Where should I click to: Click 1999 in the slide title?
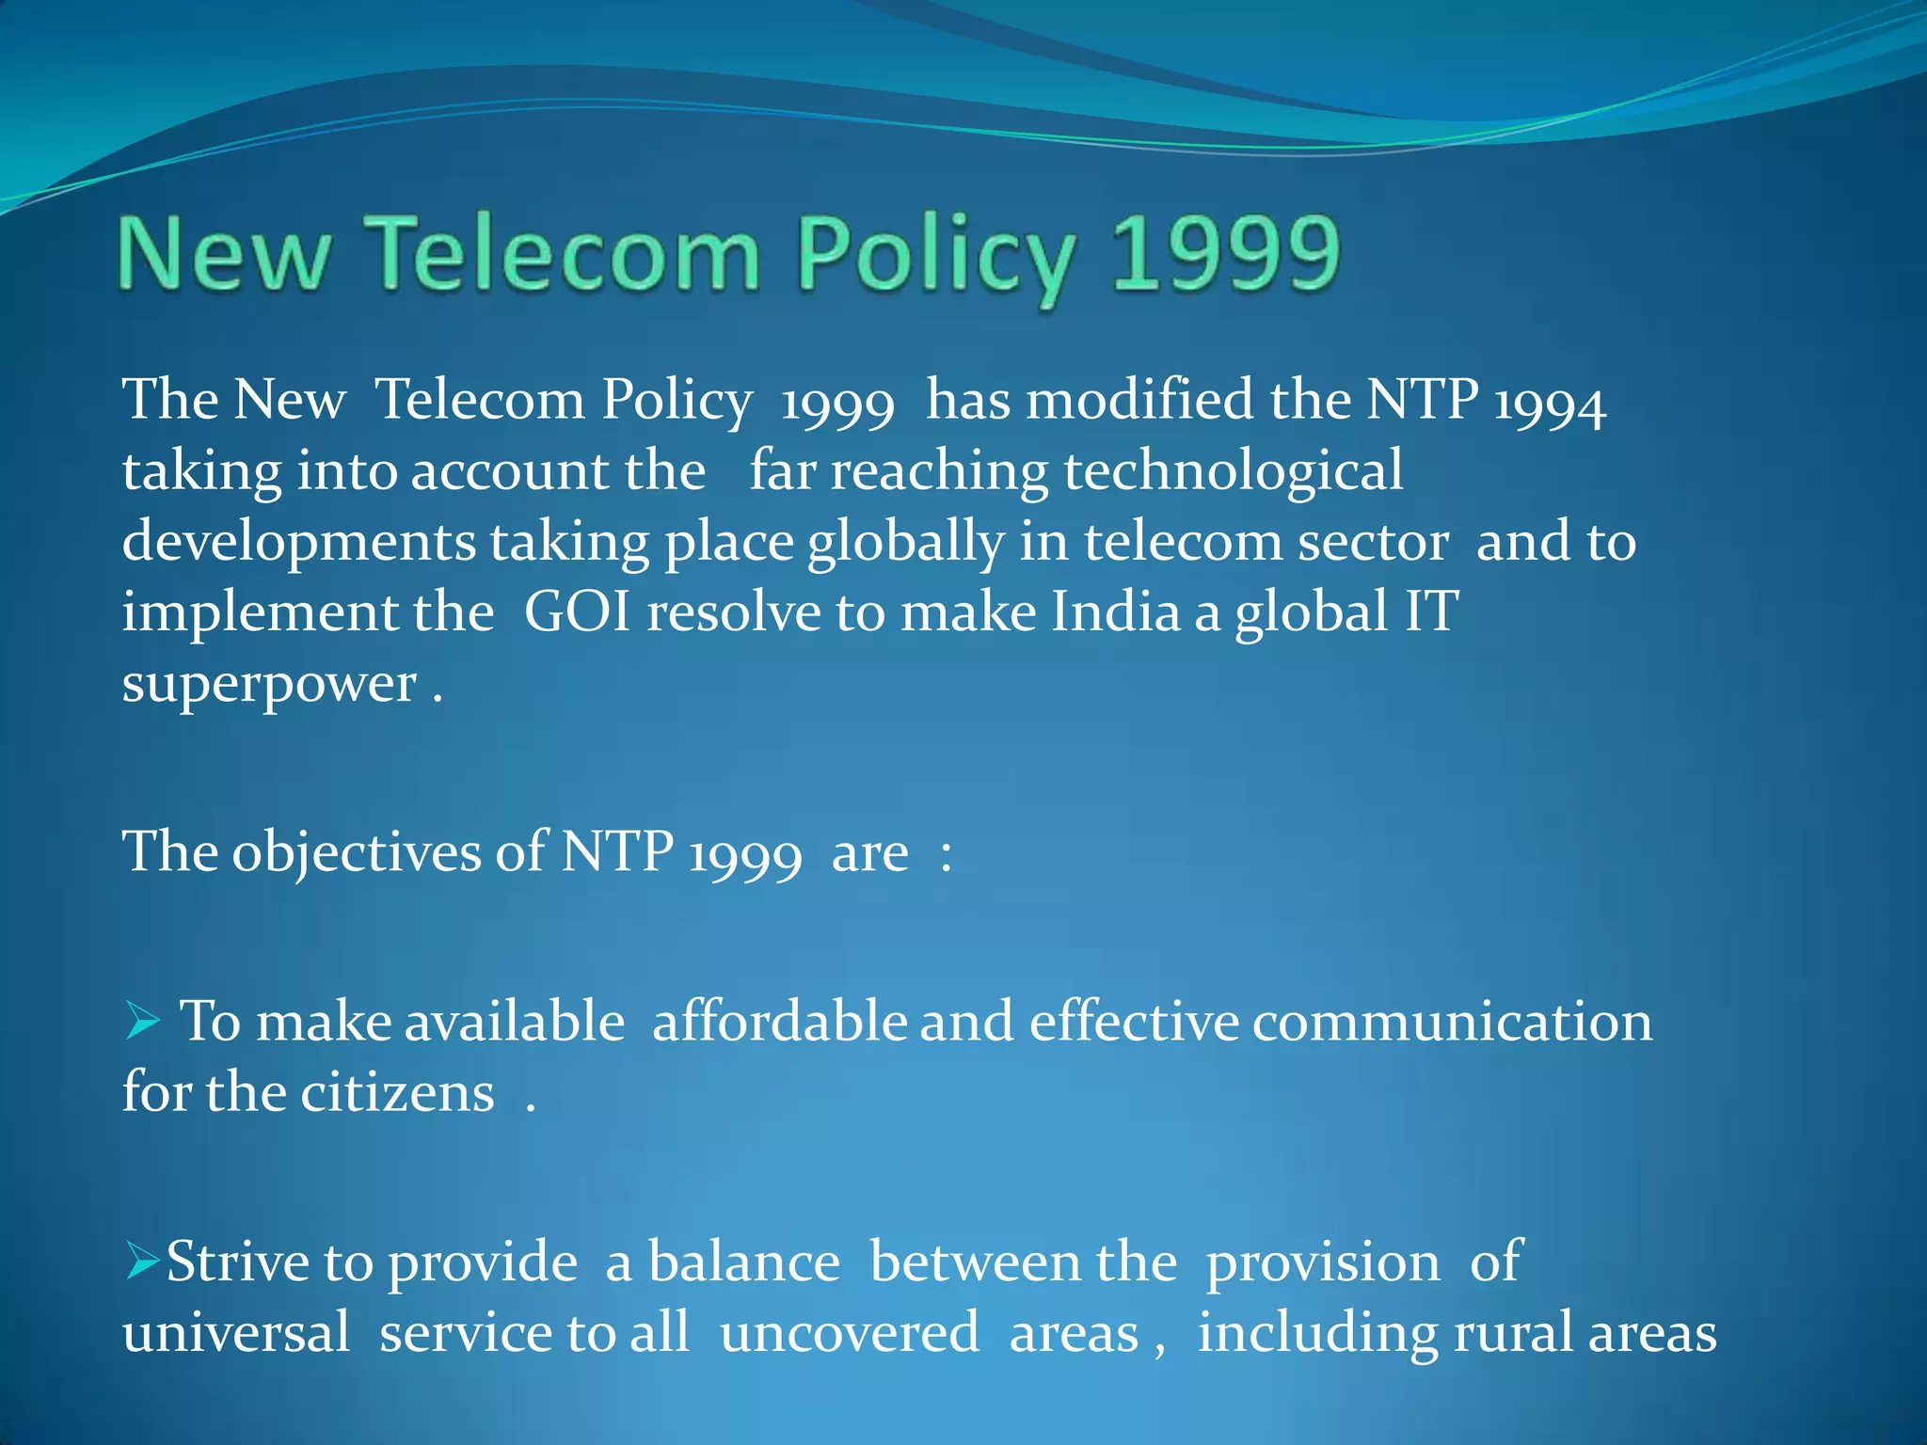pyautogui.click(x=1225, y=254)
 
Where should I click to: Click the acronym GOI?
pyautogui.click(x=577, y=612)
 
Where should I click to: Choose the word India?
pyautogui.click(x=1115, y=612)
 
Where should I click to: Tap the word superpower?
pyautogui.click(x=269, y=685)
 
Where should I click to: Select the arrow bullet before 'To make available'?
pyautogui.click(x=143, y=1022)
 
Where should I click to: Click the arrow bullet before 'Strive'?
pyautogui.click(x=143, y=1261)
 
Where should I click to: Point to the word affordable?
pyautogui.click(x=779, y=1022)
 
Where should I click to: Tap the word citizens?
pyautogui.click(x=397, y=1093)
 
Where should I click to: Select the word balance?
pyautogui.click(x=743, y=1262)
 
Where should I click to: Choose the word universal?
pyautogui.click(x=236, y=1334)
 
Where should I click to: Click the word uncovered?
pyautogui.click(x=849, y=1334)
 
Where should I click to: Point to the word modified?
pyautogui.click(x=1139, y=400)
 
